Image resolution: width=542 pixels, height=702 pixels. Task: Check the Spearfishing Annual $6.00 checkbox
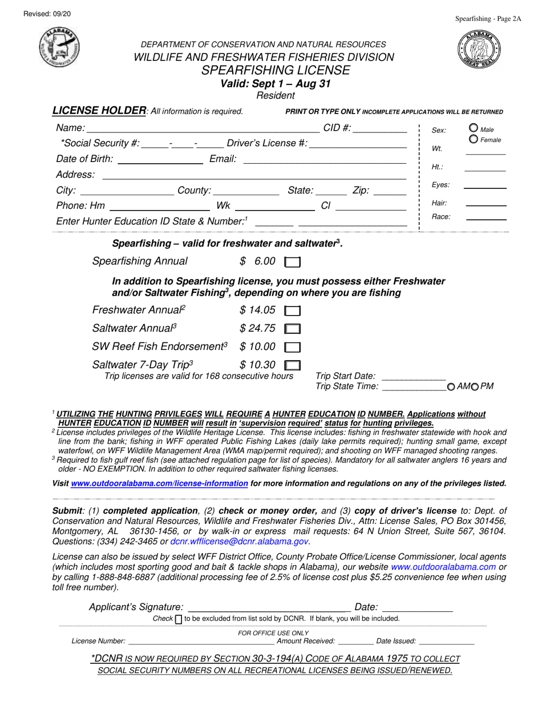[292, 263]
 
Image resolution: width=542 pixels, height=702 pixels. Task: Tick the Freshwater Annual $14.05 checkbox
[292, 312]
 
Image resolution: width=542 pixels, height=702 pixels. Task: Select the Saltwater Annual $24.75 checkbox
[292, 329]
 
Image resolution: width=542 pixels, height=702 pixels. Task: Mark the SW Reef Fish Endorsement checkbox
[292, 347]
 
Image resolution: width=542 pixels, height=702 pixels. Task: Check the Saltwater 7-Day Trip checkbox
[292, 365]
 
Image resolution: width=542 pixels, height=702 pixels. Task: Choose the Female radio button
[473, 139]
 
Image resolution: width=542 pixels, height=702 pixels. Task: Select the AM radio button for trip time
[451, 387]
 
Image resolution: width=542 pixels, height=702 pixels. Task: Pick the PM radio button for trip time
[474, 387]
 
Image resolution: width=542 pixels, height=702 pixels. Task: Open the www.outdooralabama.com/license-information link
[159, 483]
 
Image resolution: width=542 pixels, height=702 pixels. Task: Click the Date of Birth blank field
[159, 160]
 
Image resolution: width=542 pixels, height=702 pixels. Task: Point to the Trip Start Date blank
[412, 377]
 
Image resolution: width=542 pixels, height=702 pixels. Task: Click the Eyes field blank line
[484, 185]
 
